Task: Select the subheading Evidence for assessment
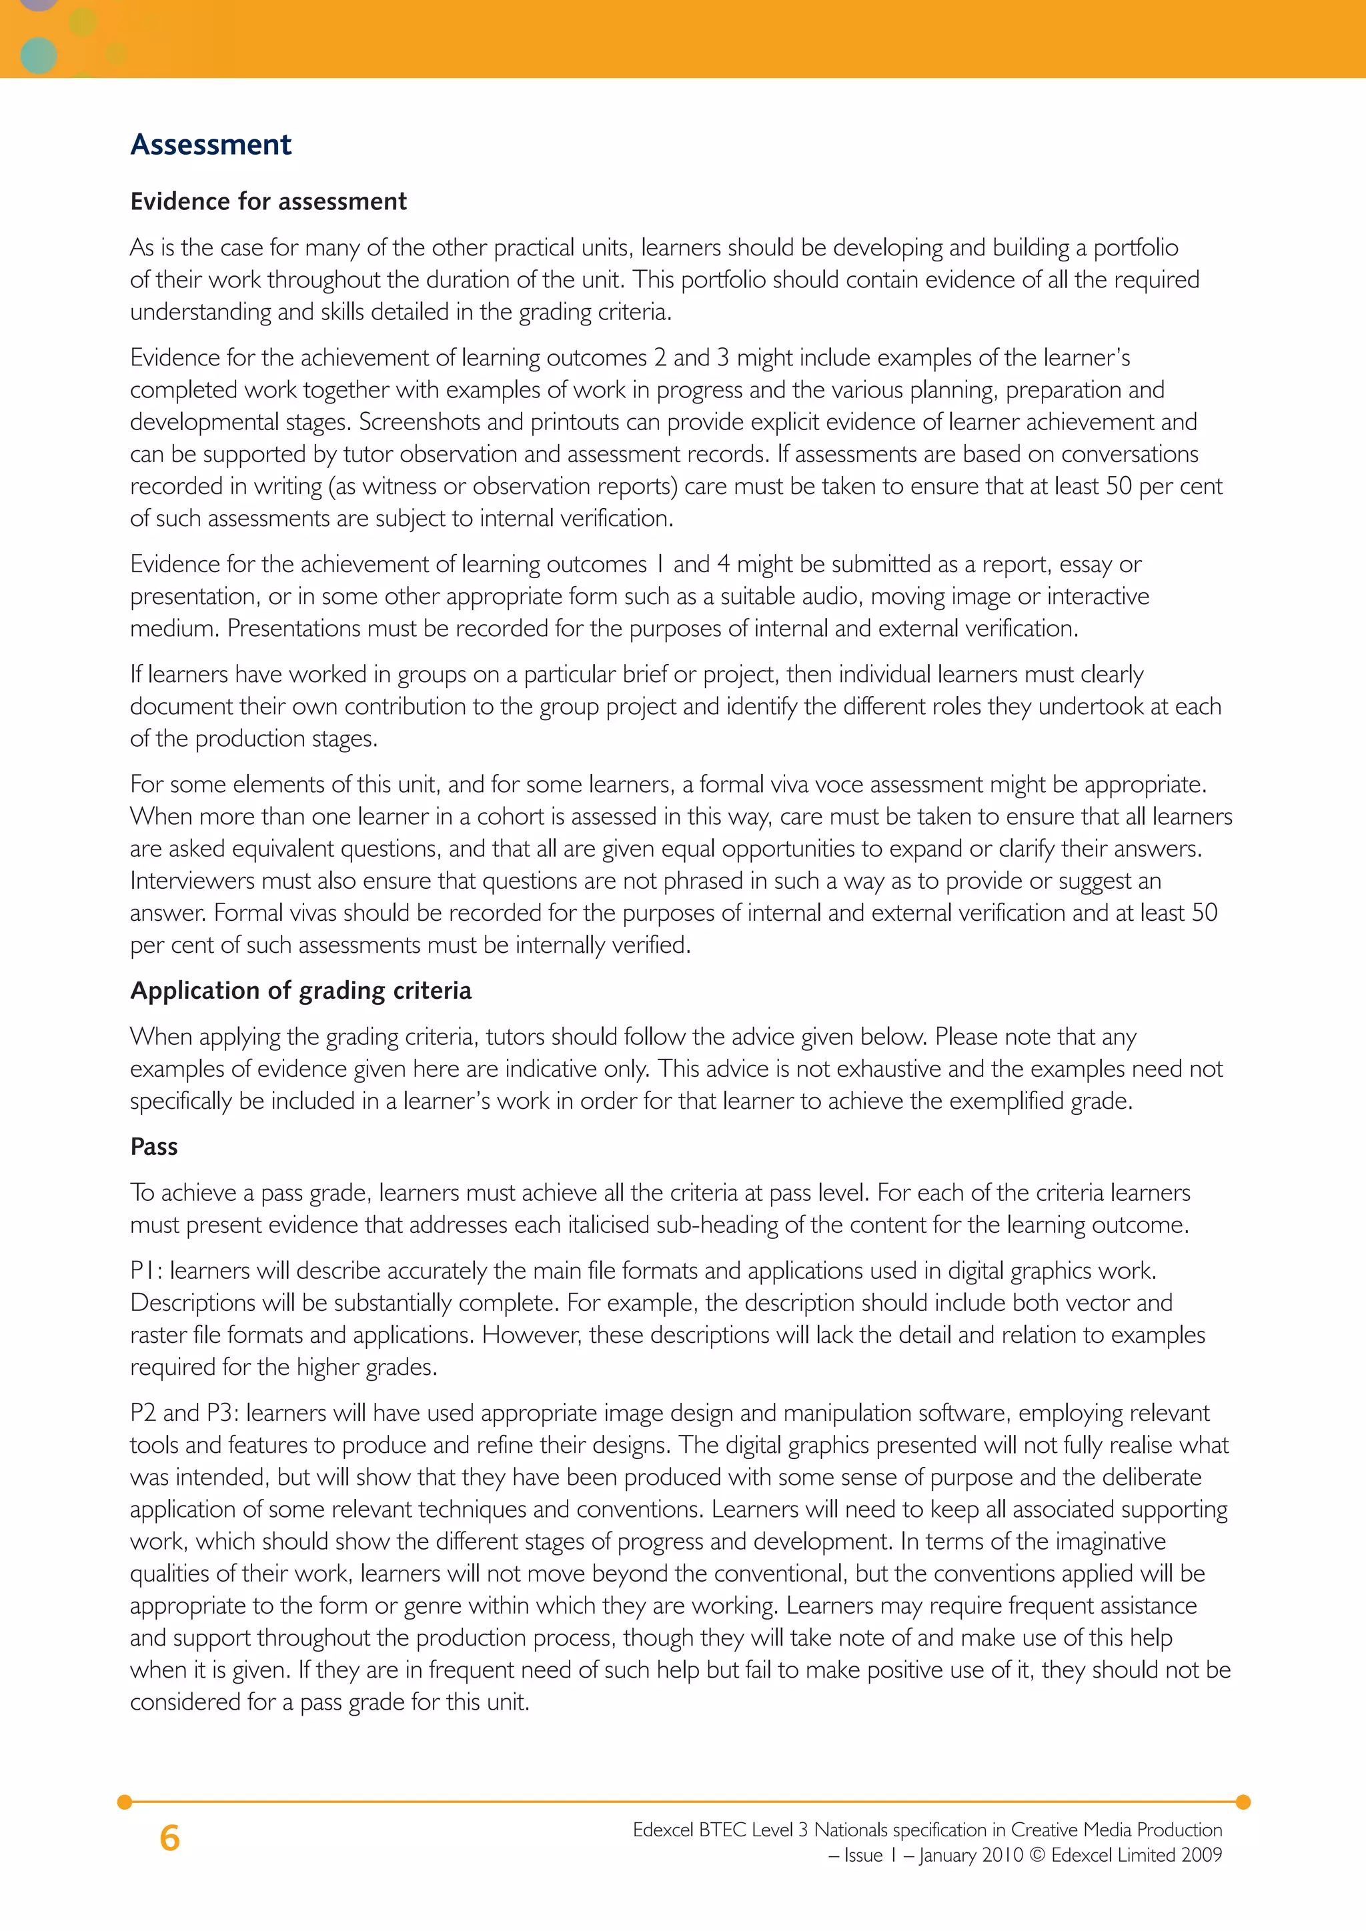[x=268, y=202]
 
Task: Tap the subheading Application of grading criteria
[x=300, y=991]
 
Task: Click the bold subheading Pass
[x=154, y=1147]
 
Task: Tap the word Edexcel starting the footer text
[x=664, y=1830]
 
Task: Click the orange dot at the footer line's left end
[x=125, y=1802]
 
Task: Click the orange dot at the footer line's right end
[x=1243, y=1802]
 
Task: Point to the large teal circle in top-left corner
[x=38, y=55]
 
